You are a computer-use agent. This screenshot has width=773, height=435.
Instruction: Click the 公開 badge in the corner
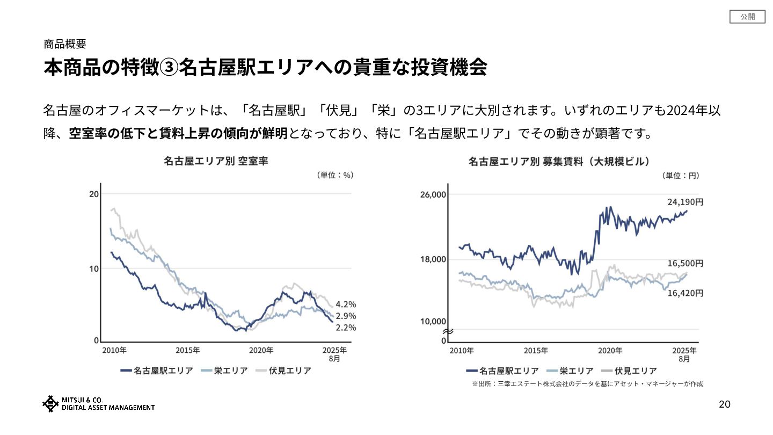point(747,17)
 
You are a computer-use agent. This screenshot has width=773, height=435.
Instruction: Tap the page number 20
point(725,404)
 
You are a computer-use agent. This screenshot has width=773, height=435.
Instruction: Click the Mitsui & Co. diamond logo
point(50,404)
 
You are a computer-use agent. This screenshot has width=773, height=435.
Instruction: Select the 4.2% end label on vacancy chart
point(346,304)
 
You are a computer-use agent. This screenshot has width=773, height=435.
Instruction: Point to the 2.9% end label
point(346,316)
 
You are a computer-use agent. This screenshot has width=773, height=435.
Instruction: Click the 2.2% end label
point(346,328)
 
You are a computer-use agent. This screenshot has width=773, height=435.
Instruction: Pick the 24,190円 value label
point(685,202)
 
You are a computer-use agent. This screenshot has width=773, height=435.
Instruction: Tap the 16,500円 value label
point(685,264)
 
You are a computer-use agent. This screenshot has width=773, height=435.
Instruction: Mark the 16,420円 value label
point(685,293)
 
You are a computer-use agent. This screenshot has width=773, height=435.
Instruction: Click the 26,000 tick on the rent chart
point(433,194)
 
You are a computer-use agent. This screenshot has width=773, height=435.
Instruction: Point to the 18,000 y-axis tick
point(433,259)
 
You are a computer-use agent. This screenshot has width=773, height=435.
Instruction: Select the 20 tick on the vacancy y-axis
point(93,194)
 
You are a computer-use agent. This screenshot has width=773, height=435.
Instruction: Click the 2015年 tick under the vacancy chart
point(188,350)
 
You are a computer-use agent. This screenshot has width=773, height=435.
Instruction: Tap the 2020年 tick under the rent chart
point(609,350)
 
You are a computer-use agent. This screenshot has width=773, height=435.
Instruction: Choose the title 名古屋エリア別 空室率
point(216,161)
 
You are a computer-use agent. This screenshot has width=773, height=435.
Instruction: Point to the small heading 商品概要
point(64,44)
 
